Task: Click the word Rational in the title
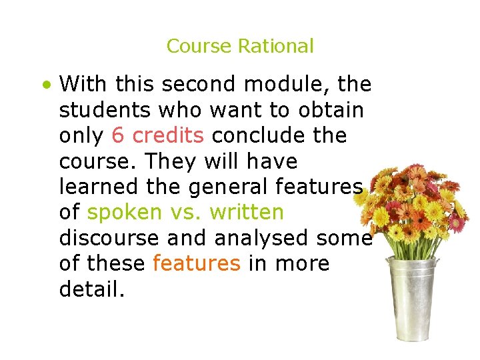pos(275,46)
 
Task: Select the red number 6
pos(118,135)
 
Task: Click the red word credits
pos(168,135)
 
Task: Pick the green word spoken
pos(124,213)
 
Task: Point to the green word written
pos(247,213)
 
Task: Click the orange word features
pos(196,264)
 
